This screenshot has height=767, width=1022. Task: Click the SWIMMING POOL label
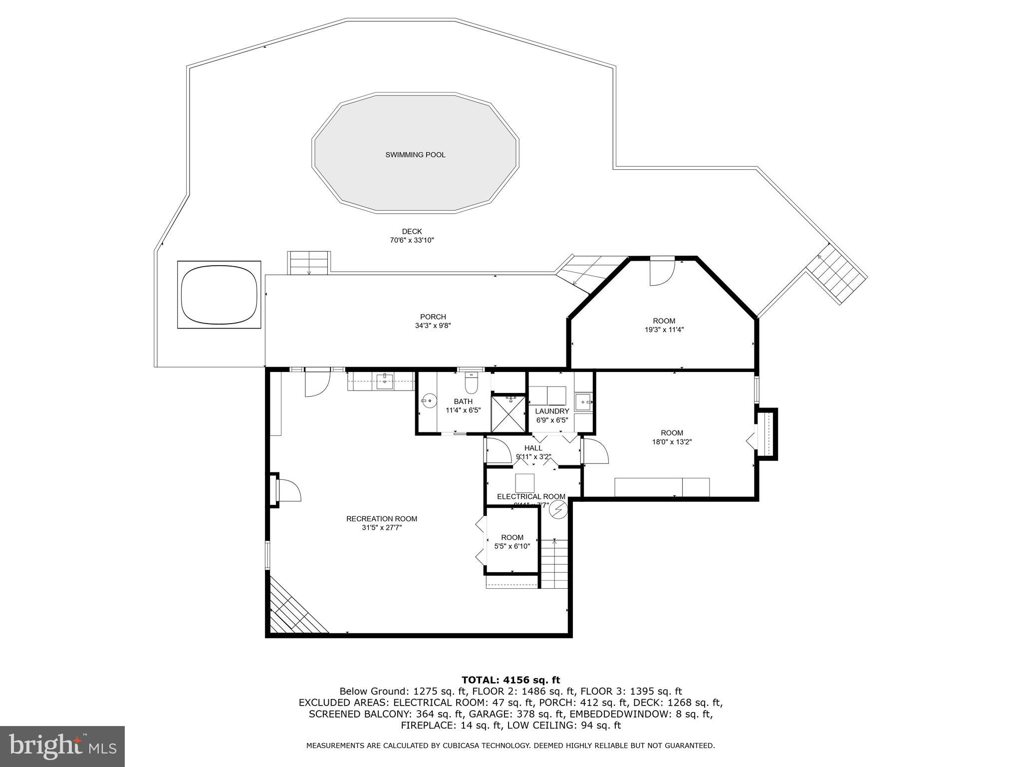(415, 155)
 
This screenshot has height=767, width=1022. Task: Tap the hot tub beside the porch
(220, 295)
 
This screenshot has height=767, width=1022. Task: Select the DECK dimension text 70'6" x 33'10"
(412, 240)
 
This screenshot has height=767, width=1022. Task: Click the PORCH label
(433, 317)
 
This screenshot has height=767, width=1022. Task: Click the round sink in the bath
(429, 400)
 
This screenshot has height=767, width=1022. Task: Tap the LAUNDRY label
(552, 411)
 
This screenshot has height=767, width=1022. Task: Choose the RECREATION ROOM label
(382, 519)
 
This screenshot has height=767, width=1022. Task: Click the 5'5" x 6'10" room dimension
(512, 546)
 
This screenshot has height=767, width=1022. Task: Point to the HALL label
(533, 448)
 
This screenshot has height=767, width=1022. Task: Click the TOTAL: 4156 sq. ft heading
(511, 680)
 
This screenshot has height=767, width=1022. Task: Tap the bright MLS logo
(62, 747)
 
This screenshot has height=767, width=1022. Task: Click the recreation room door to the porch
(317, 383)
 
